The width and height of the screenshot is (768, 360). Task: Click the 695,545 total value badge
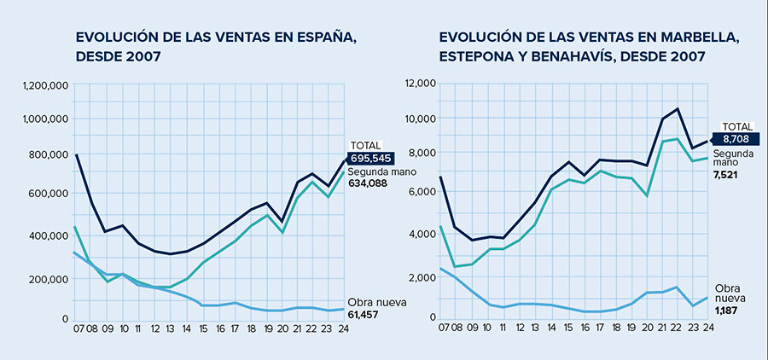(x=370, y=158)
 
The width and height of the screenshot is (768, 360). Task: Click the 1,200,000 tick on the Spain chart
(x=44, y=85)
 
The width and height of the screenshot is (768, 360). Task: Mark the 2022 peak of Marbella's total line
(x=677, y=108)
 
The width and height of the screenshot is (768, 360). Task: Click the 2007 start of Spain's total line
(x=77, y=154)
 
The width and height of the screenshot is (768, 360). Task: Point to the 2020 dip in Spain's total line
(x=282, y=221)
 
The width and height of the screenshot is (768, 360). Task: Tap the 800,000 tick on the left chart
(x=48, y=154)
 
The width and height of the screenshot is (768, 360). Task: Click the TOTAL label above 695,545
(x=365, y=145)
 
